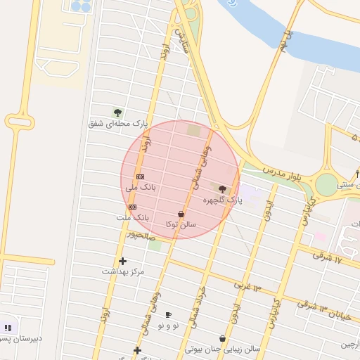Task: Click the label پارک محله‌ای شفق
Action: click(x=118, y=124)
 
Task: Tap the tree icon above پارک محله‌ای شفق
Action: click(x=117, y=112)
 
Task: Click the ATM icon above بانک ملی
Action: click(x=140, y=176)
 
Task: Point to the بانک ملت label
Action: click(x=133, y=218)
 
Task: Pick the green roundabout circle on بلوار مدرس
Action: click(x=326, y=184)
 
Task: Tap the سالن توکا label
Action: click(x=181, y=224)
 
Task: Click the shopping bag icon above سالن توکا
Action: click(x=181, y=214)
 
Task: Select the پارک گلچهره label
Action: click(x=222, y=200)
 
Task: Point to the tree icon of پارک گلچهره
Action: click(x=222, y=189)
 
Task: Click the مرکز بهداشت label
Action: click(x=123, y=271)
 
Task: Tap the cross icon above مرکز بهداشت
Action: click(x=123, y=261)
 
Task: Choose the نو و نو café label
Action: click(x=168, y=325)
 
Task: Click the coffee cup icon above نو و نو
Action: click(x=168, y=314)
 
